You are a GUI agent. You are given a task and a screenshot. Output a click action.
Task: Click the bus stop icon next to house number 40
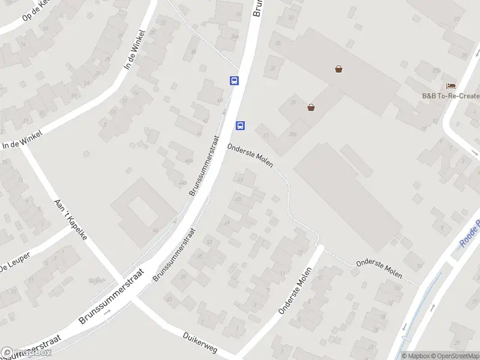click(x=234, y=80)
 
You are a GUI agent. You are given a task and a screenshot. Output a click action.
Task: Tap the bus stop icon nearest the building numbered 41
click(x=240, y=125)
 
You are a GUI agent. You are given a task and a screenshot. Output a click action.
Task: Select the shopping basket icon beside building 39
click(x=311, y=107)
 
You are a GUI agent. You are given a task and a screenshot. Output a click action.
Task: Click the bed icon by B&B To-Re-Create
click(x=451, y=86)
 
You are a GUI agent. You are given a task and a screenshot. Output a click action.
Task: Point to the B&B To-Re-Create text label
click(x=451, y=96)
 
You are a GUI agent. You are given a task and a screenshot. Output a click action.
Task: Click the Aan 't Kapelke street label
click(x=71, y=219)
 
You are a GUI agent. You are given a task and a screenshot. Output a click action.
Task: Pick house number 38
click(x=193, y=52)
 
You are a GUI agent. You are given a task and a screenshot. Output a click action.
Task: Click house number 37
click(x=273, y=68)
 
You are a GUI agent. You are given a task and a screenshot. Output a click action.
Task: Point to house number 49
click(x=226, y=223)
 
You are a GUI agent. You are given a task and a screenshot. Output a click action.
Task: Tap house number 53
click(x=209, y=242)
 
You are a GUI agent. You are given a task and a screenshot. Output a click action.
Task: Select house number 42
click(x=206, y=121)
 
